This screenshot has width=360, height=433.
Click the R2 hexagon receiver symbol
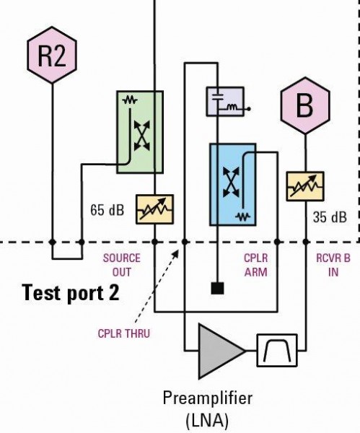click(x=52, y=55)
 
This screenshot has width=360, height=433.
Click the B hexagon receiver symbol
click(x=305, y=106)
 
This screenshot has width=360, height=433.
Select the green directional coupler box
click(x=140, y=132)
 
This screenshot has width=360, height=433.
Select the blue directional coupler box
click(x=233, y=185)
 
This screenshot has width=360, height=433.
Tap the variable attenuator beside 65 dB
click(x=154, y=209)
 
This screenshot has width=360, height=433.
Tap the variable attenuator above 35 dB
click(x=305, y=186)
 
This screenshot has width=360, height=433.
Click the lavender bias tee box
click(x=225, y=101)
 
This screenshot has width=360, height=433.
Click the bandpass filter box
click(x=277, y=351)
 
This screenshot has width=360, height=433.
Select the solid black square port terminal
click(x=218, y=288)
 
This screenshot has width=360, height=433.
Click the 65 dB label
click(x=107, y=210)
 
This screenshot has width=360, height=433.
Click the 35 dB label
click(x=330, y=217)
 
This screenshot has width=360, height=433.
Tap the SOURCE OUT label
click(x=122, y=265)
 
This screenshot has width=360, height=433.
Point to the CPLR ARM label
click(x=256, y=265)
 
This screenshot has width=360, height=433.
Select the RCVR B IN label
click(x=333, y=265)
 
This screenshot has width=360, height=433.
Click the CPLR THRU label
click(x=124, y=333)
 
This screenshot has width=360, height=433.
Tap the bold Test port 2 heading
click(x=71, y=293)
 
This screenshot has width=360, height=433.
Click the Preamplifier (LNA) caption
click(x=207, y=409)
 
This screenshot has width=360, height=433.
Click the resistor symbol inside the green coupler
click(x=130, y=100)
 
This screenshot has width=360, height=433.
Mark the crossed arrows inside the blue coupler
click(x=231, y=182)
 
